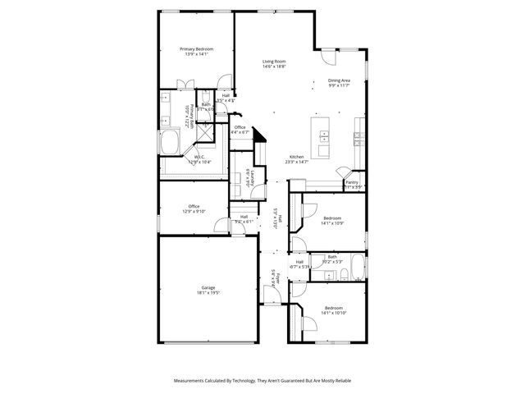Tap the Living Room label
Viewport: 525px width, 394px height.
[273, 62]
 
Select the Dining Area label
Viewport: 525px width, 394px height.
[339, 80]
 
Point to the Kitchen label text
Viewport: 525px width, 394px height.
[296, 157]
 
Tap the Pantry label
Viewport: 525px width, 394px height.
[352, 182]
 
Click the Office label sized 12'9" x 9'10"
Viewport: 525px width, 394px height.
[194, 206]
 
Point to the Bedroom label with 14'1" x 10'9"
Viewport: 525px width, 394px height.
[332, 218]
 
